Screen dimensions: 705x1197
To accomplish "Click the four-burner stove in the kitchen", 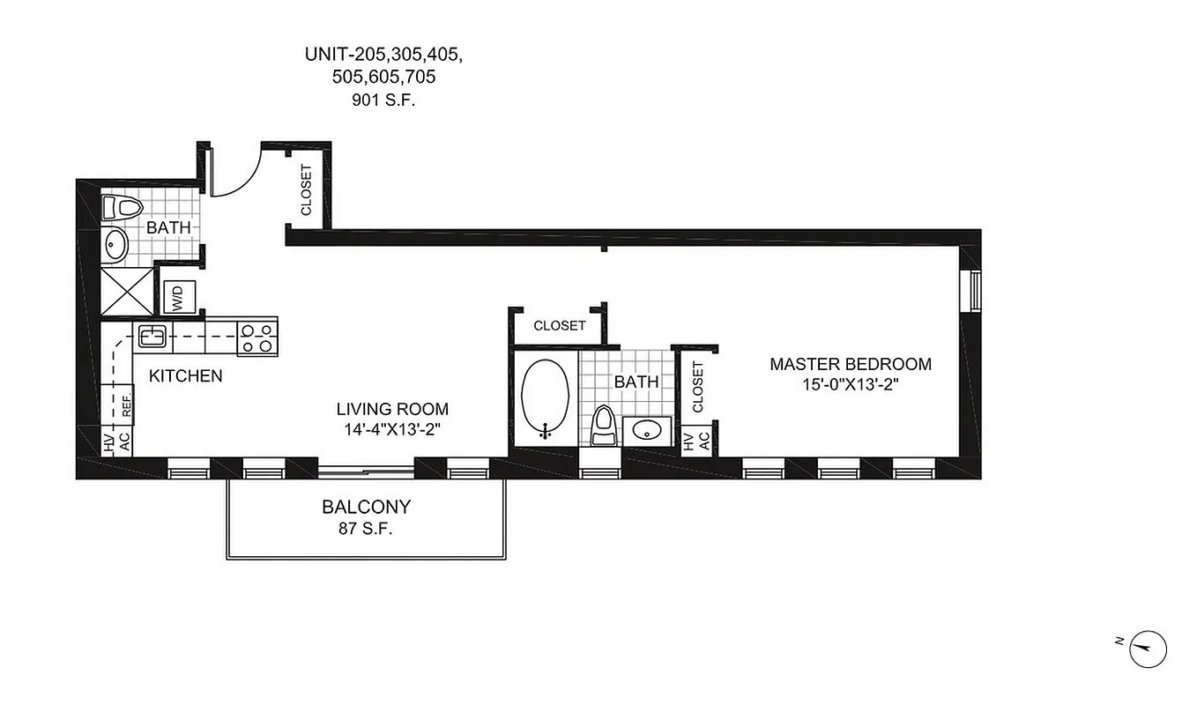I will coord(257,336).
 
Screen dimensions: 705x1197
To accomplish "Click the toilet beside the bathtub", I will coord(604,426).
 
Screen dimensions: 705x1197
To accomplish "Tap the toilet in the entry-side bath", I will coord(122,209).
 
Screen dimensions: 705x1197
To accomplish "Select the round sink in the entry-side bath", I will coord(115,244).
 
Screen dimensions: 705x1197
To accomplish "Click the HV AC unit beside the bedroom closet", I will coord(696,441).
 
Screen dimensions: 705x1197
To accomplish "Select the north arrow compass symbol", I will coord(1148,649).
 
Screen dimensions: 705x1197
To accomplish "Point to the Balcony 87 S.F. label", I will coord(366,518).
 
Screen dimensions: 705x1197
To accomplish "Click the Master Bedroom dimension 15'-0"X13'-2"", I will coord(850,384).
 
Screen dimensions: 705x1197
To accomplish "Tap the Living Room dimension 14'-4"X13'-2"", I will coord(392,430).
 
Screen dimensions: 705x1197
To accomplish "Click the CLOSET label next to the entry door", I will coord(307,189).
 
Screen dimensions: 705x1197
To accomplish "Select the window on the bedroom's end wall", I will coord(975,291).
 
